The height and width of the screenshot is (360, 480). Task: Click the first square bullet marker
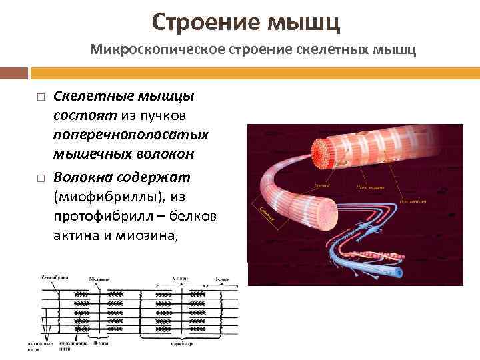coord(40,98)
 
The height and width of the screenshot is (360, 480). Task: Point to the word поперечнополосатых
coord(131,135)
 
